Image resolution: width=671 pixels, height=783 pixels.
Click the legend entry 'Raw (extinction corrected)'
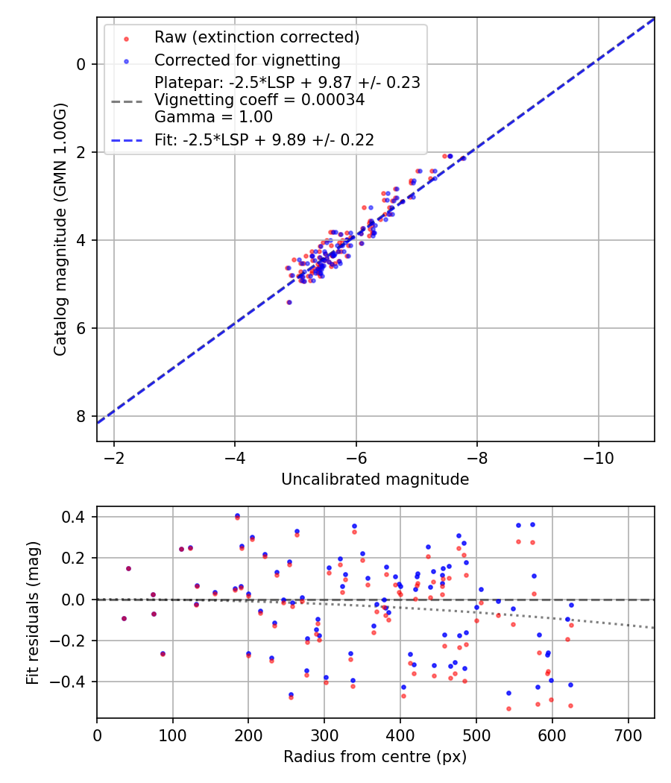click(256, 37)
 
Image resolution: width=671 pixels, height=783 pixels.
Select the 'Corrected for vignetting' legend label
click(247, 60)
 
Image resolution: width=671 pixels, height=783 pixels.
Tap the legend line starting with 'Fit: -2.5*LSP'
click(264, 139)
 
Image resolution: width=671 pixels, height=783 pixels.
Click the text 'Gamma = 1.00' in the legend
click(213, 117)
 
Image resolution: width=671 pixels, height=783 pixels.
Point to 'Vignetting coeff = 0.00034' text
click(259, 100)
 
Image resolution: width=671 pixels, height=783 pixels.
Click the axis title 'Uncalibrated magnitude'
click(375, 479)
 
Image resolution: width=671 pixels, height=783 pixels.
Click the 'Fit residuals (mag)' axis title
click(32, 613)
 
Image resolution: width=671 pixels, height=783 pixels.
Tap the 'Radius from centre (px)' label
click(375, 757)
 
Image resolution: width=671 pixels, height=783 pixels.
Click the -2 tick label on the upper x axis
click(114, 456)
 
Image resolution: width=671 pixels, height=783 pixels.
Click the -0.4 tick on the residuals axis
click(72, 682)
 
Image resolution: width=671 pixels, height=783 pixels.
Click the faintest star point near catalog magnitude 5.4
click(289, 302)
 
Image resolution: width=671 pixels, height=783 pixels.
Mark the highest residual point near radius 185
click(237, 516)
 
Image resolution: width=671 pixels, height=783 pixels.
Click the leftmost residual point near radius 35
click(124, 618)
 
